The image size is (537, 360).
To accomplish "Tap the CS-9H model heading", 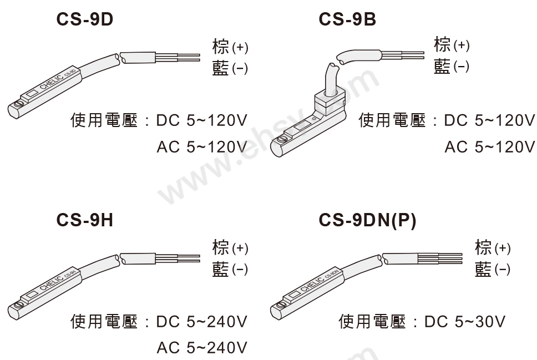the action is point(85,220).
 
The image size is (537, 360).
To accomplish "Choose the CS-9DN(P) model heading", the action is point(367,220).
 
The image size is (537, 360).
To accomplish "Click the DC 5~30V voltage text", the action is point(464,322).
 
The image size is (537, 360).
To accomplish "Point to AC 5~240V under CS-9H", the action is point(201,348).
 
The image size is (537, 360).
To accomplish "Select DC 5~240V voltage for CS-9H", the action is point(201,322).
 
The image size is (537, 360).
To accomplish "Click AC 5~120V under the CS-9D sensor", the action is point(201,147).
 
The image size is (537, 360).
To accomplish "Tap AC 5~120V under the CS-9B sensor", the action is point(489,147).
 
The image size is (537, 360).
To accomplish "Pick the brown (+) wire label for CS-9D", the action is point(230,47).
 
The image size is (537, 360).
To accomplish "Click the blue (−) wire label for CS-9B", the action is point(451,67).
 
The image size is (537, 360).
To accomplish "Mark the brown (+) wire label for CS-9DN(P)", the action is point(493,248).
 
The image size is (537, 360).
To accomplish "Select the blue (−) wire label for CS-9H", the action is point(230,270).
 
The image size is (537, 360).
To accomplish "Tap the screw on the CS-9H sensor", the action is point(19,305).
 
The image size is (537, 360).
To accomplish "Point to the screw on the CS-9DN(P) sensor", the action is point(280,305).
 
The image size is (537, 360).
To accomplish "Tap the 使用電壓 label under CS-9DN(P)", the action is point(372,322).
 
